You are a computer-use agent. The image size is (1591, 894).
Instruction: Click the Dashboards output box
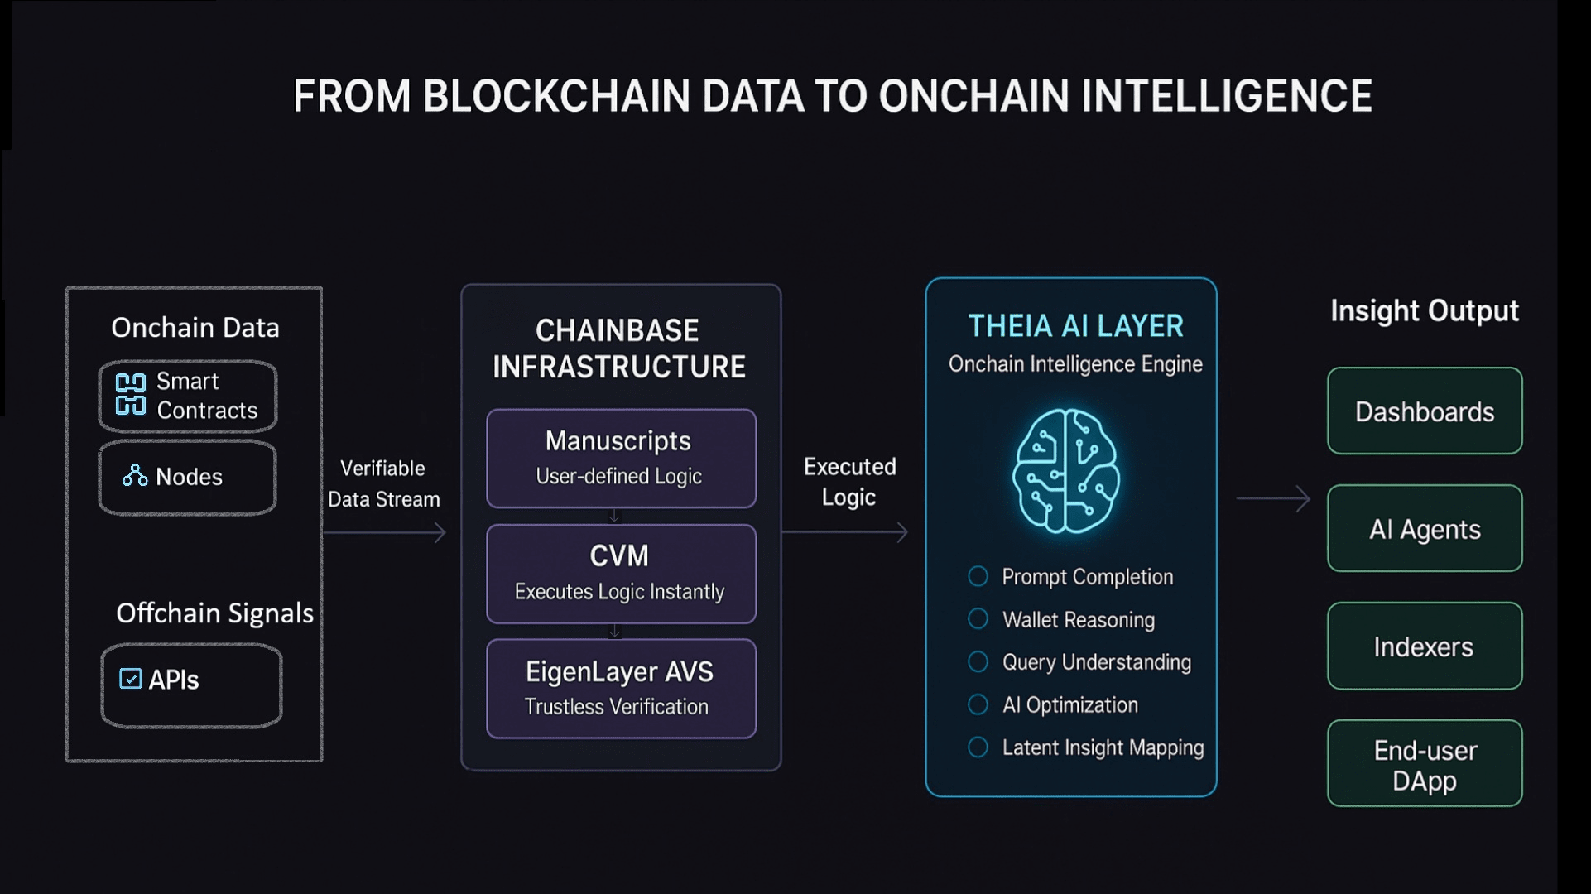[1425, 411]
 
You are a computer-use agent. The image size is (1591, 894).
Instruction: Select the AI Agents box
[1425, 528]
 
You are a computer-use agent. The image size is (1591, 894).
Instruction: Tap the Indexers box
[1425, 646]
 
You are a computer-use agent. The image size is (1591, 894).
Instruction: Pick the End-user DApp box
[1425, 763]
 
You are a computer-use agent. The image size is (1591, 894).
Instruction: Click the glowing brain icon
[1067, 470]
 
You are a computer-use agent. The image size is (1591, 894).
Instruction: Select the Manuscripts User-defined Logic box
[621, 458]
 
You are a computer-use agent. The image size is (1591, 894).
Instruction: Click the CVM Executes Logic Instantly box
[621, 574]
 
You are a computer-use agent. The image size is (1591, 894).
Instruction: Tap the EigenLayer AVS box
[621, 689]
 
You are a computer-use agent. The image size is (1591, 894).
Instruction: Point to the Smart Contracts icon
[131, 394]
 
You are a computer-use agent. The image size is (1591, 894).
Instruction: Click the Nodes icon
[135, 475]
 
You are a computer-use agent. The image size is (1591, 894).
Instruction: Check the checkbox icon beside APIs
[131, 679]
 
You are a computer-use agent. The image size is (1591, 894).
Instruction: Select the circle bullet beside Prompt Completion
[978, 576]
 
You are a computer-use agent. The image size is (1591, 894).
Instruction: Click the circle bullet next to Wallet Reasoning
[978, 618]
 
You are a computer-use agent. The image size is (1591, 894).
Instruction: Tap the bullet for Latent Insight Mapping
[978, 747]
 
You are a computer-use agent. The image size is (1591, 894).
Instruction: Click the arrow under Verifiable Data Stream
[385, 532]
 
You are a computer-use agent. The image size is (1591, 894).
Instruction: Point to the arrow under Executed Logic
[845, 532]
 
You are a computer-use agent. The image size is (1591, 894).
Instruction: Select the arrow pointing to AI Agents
[1273, 498]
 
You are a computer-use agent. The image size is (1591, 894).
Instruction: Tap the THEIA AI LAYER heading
[1075, 326]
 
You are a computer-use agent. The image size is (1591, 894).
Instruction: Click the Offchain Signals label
[214, 613]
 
